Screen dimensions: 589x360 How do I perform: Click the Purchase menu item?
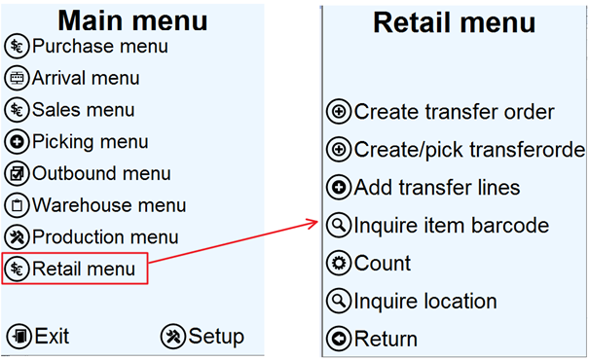pyautogui.click(x=99, y=46)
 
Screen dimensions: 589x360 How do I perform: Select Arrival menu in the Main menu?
pyautogui.click(x=86, y=78)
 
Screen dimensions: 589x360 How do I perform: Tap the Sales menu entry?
pyautogui.click(x=83, y=110)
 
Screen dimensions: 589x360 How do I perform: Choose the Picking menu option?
pyautogui.click(x=90, y=142)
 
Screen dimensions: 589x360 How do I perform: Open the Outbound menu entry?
pyautogui.click(x=101, y=174)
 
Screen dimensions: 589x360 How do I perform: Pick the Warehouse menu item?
pyautogui.click(x=109, y=205)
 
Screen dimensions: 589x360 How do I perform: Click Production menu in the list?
pyautogui.click(x=105, y=236)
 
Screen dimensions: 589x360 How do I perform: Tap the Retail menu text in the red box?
pyautogui.click(x=84, y=268)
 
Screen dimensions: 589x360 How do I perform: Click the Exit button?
pyautogui.click(x=52, y=337)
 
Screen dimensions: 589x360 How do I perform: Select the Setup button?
pyautogui.click(x=215, y=337)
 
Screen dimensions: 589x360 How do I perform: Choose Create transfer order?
pyautogui.click(x=454, y=112)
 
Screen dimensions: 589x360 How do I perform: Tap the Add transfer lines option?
pyautogui.click(x=437, y=187)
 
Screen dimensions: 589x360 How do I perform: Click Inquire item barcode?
pyautogui.click(x=452, y=226)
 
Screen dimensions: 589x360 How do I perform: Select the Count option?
pyautogui.click(x=383, y=264)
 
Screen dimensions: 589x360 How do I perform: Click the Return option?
pyautogui.click(x=386, y=339)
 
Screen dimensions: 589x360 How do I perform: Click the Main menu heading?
pyautogui.click(x=132, y=19)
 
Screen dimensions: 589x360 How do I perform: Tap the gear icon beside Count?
pyautogui.click(x=338, y=264)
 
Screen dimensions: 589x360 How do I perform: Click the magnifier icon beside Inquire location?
pyautogui.click(x=338, y=302)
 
